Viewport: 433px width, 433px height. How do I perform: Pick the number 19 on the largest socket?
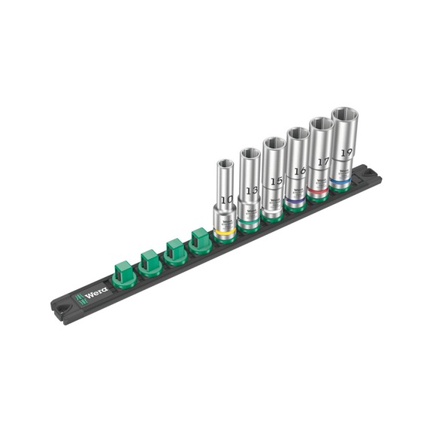345,151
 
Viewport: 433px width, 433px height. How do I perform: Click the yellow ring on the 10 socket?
225,230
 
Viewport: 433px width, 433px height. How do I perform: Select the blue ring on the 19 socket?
344,183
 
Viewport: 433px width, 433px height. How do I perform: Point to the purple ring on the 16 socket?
296,203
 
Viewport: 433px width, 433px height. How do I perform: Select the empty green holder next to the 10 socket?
200,240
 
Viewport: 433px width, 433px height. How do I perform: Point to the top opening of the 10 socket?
225,163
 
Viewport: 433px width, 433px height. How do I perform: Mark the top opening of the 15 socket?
272,143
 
